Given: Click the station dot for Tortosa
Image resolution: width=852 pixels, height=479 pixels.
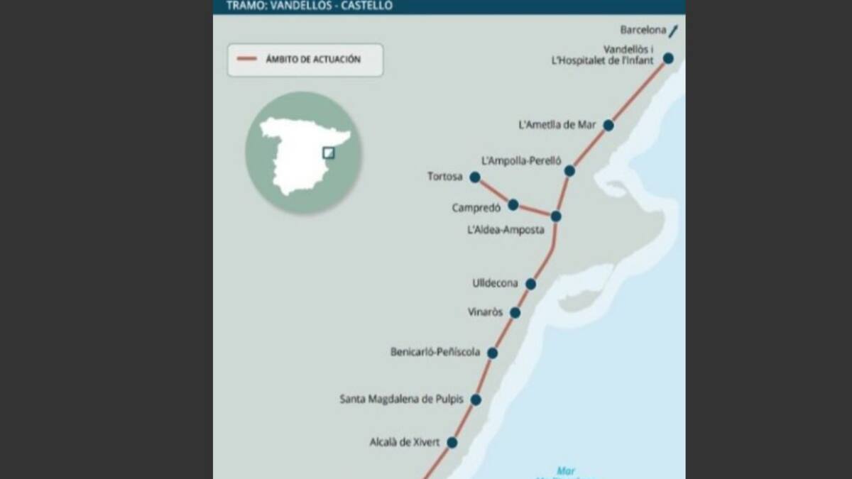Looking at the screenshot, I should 475,177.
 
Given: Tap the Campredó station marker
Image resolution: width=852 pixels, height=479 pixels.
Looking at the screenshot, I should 513,204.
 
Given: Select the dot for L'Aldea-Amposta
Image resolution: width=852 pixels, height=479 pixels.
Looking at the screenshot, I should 556,216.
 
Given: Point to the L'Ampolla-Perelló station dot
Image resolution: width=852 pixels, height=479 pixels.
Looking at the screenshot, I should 569,170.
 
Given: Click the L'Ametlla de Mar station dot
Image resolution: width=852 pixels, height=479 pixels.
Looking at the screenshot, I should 608,125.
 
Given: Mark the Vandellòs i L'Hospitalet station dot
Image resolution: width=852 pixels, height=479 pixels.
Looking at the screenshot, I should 668,58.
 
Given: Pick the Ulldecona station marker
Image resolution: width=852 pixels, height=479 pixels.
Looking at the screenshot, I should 530,284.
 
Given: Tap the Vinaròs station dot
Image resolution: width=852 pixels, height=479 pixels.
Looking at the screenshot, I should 515,312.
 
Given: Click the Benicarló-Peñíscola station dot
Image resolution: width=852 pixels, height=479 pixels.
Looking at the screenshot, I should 492,353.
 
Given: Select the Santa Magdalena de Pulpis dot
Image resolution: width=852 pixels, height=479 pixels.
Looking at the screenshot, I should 476,400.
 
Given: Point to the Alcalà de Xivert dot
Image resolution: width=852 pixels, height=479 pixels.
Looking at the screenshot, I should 452,442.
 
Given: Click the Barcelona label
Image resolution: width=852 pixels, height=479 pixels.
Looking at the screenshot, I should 643,31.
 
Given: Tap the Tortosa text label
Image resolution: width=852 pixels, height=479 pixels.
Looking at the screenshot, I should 444,177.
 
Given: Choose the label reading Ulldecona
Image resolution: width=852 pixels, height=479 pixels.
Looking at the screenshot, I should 495,284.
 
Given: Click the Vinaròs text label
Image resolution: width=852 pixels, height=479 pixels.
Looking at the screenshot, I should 485,312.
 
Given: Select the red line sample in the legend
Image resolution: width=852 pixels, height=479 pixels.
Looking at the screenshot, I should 246,60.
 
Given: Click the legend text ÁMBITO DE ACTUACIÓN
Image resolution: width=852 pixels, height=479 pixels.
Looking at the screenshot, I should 313,60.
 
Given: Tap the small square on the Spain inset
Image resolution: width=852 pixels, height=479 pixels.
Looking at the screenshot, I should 328,153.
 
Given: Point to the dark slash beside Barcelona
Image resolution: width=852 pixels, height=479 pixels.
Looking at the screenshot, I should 673,31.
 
